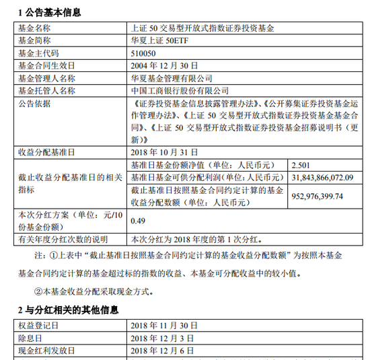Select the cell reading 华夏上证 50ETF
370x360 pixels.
(x=157, y=42)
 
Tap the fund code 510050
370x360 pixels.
(x=144, y=54)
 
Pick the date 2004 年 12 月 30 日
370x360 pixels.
(x=164, y=66)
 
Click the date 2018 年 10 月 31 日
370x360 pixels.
(x=164, y=153)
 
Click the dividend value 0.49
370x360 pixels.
(x=139, y=220)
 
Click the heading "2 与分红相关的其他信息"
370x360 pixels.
(x=68, y=310)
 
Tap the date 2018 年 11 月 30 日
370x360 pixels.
(x=164, y=326)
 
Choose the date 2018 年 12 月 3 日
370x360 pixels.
(x=161, y=338)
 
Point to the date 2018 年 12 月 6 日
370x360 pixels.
(x=161, y=351)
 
